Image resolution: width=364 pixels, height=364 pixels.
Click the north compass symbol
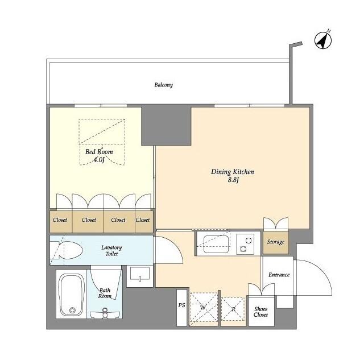(323, 40)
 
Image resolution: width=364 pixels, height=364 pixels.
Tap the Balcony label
(164, 85)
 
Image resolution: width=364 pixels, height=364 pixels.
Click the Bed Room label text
(99, 152)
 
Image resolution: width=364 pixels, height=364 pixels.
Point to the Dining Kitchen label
(233, 172)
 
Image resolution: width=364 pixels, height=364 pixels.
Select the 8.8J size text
(233, 180)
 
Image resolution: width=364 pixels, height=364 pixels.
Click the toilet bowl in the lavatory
(69, 250)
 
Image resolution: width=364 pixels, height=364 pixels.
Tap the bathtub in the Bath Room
(71, 295)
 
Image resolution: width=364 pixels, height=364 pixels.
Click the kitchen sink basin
(216, 244)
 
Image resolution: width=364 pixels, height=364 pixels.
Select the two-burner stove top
(245, 244)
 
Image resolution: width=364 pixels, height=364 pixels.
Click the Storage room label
(275, 242)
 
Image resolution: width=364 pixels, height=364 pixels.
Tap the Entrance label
(279, 275)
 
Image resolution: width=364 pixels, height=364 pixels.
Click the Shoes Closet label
(260, 312)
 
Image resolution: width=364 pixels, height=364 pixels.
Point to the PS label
(181, 305)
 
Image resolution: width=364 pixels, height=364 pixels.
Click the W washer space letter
(203, 308)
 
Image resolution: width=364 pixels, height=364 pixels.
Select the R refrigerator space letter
(234, 309)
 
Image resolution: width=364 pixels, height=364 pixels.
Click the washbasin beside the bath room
(140, 274)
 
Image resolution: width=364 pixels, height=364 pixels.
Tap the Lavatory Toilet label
(111, 251)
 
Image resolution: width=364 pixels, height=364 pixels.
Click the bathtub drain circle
(72, 310)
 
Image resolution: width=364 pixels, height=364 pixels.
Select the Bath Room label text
(105, 293)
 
